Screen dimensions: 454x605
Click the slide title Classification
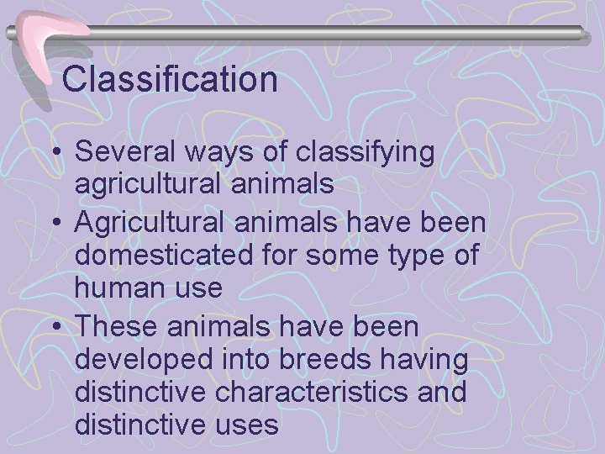pos(170,80)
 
